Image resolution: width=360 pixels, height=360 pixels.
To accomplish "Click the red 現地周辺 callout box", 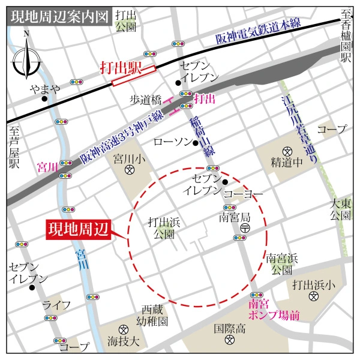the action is (x=79, y=229).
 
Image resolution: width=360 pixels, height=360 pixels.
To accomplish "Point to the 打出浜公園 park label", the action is (x=164, y=228).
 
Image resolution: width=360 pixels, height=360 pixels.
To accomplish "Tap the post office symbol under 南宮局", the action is (x=244, y=229).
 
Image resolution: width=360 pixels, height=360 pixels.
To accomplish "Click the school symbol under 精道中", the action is (x=287, y=150).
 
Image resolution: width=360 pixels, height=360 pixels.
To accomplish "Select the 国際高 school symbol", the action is (x=229, y=341).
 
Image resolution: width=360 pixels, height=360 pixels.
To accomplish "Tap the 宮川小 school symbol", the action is (x=129, y=170).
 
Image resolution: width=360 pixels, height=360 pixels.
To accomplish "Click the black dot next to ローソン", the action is (x=195, y=143).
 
